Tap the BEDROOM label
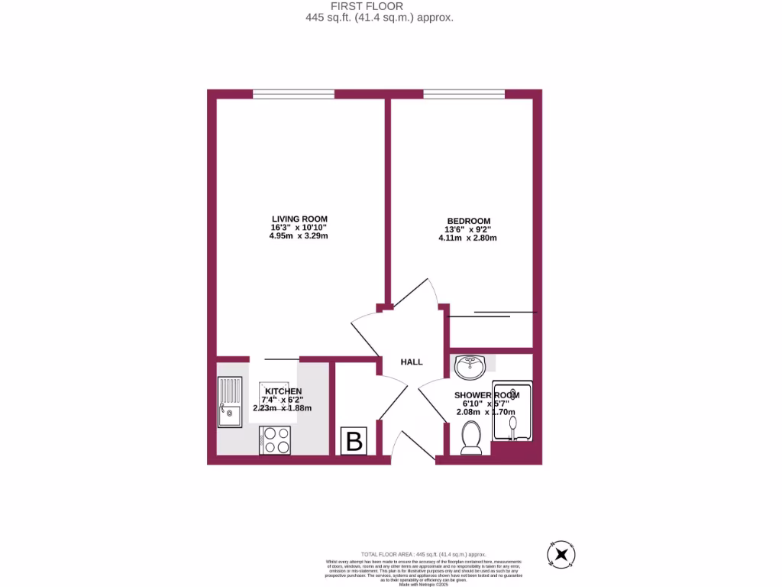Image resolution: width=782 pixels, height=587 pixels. (x=467, y=221)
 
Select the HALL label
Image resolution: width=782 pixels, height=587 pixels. (x=412, y=362)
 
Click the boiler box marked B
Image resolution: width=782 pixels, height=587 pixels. (x=354, y=442)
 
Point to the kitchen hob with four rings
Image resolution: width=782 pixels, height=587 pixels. (x=275, y=440)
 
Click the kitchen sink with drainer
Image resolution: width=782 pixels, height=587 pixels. (x=229, y=401)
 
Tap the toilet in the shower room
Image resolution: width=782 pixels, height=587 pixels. (x=471, y=439)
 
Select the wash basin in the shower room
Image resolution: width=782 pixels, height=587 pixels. (x=469, y=368)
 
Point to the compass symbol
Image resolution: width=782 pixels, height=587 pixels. (x=563, y=554)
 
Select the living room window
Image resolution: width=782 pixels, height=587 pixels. (x=293, y=94)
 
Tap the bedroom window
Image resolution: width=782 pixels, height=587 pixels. (x=464, y=94)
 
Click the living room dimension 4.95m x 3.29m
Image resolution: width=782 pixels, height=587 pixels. (x=298, y=236)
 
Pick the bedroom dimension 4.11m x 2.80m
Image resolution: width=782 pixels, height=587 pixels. (x=467, y=238)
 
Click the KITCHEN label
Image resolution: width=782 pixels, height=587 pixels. (x=283, y=391)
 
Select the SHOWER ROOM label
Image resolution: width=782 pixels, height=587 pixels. (x=486, y=395)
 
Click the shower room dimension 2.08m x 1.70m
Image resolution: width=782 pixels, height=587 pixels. (x=486, y=413)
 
